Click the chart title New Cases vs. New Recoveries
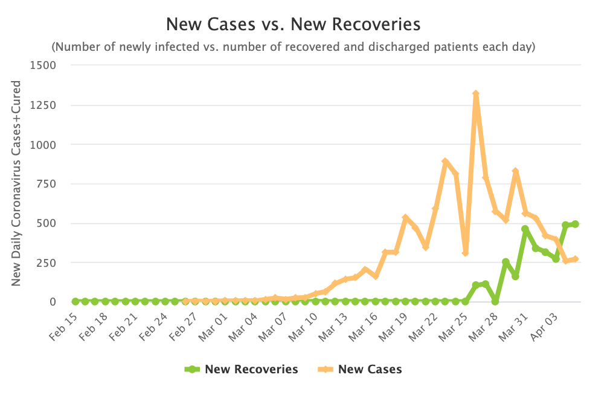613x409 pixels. tap(293, 25)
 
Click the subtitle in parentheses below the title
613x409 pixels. tap(293, 47)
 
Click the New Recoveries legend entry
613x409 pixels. tap(241, 369)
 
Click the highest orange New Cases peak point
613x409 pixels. tap(476, 94)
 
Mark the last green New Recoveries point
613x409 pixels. tap(576, 224)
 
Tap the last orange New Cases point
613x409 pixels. tap(576, 259)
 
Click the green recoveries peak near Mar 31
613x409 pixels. tap(525, 229)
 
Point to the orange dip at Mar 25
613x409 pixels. tap(466, 253)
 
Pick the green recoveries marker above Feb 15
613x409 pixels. tap(75, 301)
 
